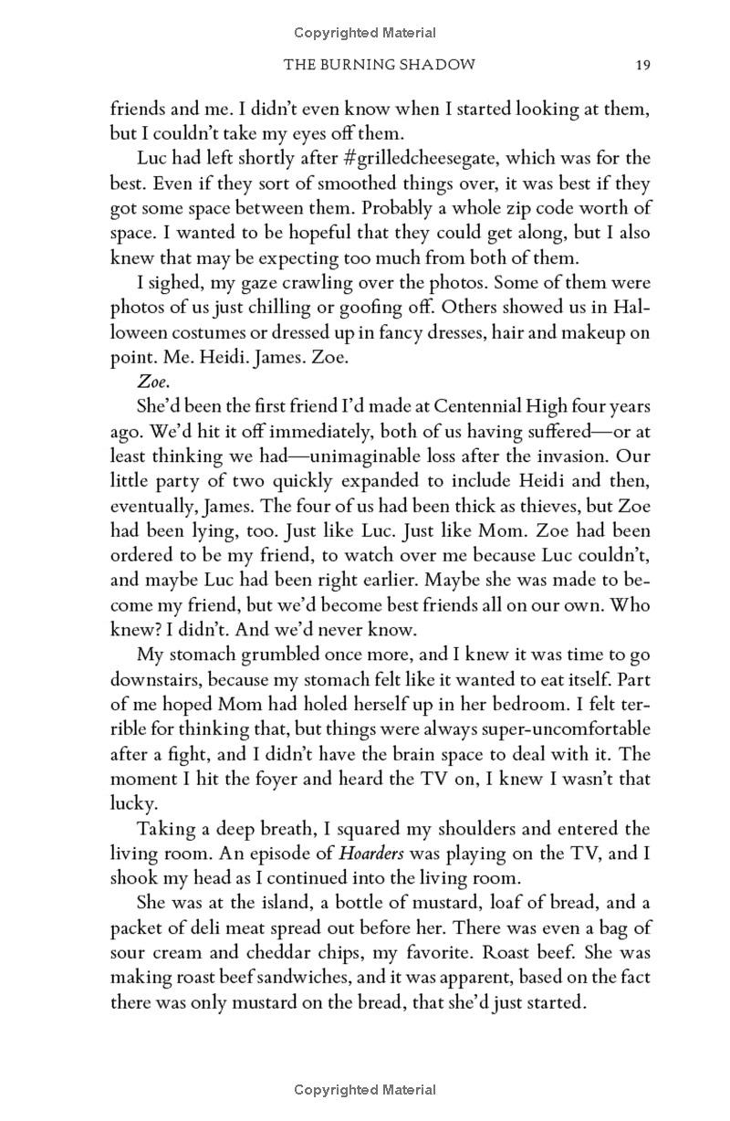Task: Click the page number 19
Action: click(x=642, y=65)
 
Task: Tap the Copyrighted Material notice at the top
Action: click(x=365, y=34)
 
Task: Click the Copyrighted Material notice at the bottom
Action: click(x=365, y=1089)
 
